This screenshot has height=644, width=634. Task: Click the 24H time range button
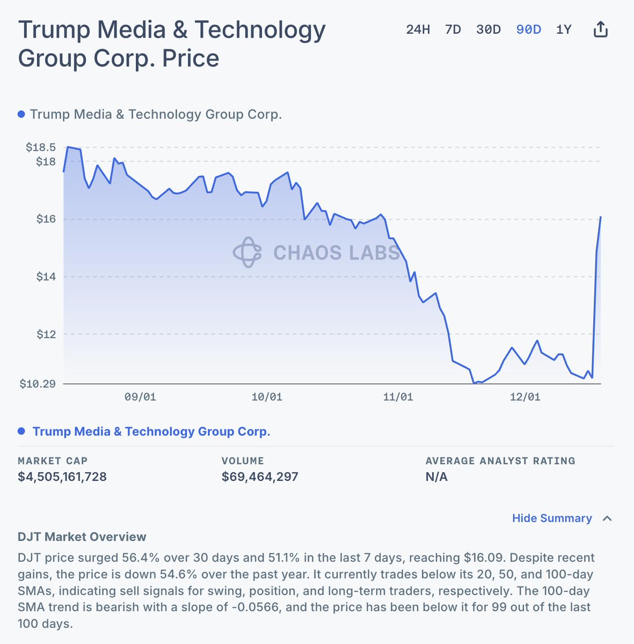[418, 30]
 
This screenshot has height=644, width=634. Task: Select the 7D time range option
[453, 30]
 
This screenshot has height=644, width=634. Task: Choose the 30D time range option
[489, 30]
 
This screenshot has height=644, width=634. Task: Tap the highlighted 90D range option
[529, 30]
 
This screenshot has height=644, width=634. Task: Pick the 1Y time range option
[564, 30]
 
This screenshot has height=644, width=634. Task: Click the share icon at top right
[600, 29]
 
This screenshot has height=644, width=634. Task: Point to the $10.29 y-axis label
[38, 384]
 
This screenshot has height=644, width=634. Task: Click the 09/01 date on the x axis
[140, 397]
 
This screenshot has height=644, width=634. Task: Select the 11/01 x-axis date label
[398, 397]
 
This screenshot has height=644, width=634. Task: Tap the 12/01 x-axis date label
[525, 397]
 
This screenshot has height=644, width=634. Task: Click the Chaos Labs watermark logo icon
[247, 252]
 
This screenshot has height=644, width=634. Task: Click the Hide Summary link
[552, 518]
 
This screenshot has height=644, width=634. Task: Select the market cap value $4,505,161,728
[62, 477]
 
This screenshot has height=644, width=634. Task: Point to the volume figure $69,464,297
[260, 477]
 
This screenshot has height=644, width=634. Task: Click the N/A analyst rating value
[436, 477]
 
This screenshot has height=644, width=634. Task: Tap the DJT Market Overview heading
[82, 537]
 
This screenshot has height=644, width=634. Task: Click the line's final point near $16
[600, 217]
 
